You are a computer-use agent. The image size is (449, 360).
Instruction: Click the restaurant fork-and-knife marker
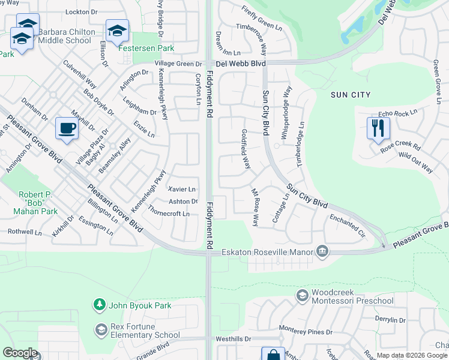[x=378, y=128]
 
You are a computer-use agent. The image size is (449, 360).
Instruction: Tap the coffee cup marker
[x=66, y=128]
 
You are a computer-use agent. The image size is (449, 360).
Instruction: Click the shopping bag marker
[x=273, y=355]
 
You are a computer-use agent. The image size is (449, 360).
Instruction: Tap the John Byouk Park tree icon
[x=100, y=305]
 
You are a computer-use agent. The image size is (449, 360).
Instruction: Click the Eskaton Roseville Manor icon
[x=322, y=251]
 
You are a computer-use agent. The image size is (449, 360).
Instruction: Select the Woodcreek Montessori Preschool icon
[x=302, y=295]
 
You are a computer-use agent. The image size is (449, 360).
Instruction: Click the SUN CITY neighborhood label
[x=350, y=95]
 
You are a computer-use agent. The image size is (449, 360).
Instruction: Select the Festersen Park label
[x=141, y=48]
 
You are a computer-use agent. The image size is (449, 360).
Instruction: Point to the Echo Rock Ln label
[x=397, y=114]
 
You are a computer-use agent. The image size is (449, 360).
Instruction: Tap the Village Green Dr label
[x=178, y=64]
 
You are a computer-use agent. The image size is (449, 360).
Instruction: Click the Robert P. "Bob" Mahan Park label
[x=38, y=203]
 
